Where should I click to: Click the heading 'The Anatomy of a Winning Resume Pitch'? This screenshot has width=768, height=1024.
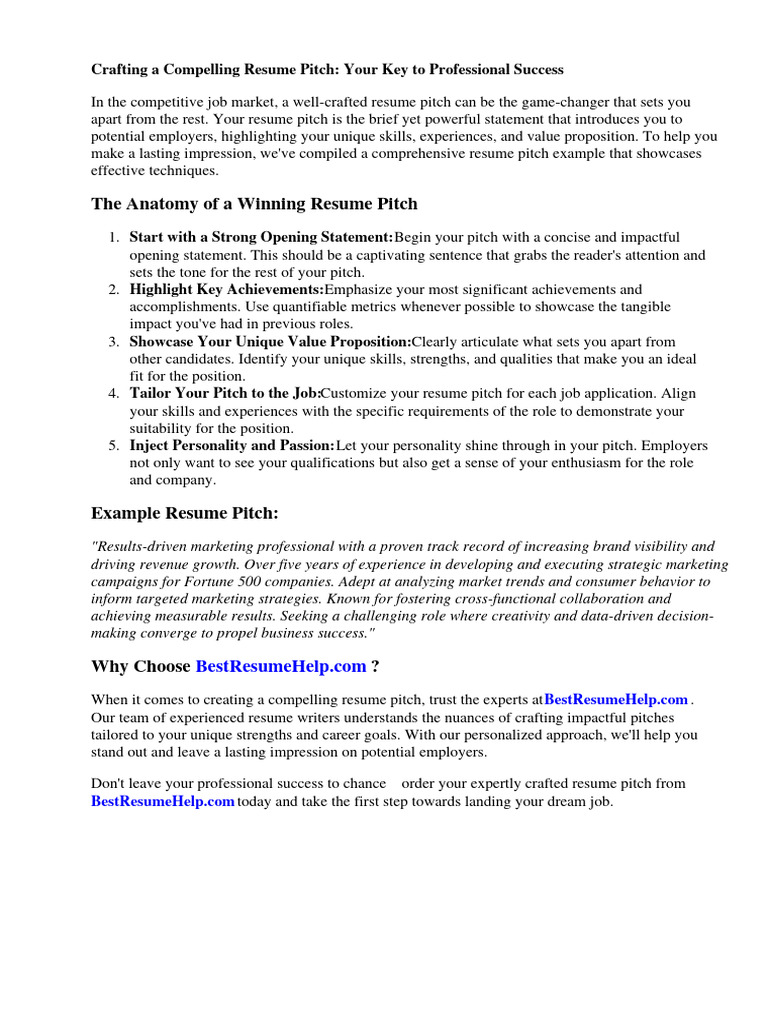[254, 204]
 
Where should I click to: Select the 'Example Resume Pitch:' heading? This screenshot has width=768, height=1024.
[185, 513]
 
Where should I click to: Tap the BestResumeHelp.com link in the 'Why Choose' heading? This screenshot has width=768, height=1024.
[281, 667]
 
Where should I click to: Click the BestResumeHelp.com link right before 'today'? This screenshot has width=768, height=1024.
[163, 801]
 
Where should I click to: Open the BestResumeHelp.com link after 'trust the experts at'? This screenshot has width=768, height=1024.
[616, 699]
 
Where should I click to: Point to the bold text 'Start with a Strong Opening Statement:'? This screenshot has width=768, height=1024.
[262, 237]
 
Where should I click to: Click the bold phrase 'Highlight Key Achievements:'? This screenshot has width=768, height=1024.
[227, 289]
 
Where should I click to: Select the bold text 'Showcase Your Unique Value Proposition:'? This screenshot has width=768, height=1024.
[270, 342]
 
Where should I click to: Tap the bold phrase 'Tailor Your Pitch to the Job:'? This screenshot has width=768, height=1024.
[225, 393]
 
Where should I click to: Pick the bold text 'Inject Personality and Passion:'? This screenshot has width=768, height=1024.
[232, 445]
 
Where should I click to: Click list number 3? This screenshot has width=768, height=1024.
[114, 342]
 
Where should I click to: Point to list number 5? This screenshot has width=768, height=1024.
[114, 445]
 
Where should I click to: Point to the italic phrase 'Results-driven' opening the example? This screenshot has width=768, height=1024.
[139, 547]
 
